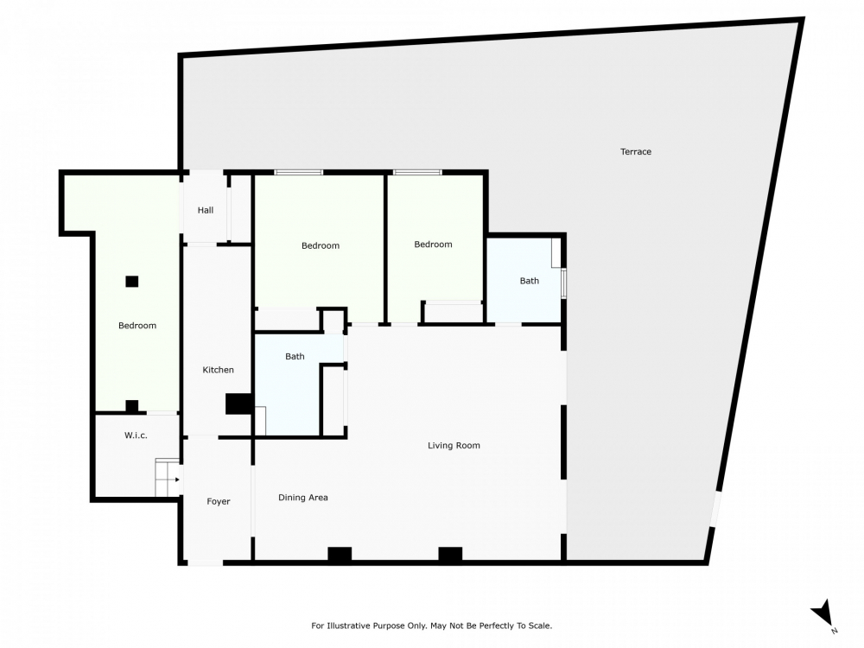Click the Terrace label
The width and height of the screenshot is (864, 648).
click(x=635, y=151)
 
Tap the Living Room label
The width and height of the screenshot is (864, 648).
click(x=454, y=445)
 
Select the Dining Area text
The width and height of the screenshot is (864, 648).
click(x=302, y=498)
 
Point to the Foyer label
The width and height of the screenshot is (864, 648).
click(x=219, y=501)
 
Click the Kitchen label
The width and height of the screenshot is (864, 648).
click(x=219, y=370)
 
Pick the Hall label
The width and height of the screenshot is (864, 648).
click(x=206, y=210)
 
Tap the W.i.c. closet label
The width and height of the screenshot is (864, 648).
click(x=136, y=435)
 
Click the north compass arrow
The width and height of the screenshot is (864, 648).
click(x=823, y=613)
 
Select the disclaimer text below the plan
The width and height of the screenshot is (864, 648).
click(x=431, y=626)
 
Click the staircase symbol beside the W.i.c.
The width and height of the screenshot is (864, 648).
click(x=167, y=477)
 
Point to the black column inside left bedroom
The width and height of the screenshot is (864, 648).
click(x=131, y=282)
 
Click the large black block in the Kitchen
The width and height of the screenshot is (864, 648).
click(x=238, y=403)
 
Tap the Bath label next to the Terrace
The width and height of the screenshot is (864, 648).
click(x=529, y=281)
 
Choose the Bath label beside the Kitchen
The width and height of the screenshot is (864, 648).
click(x=295, y=357)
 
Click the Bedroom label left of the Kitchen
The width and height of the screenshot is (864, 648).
click(x=137, y=326)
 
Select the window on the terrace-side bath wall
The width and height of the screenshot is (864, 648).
click(x=563, y=283)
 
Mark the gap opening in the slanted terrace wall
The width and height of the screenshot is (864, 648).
click(x=715, y=509)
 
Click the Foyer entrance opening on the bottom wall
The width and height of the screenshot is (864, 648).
click(x=205, y=562)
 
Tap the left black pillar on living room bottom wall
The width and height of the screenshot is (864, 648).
click(x=340, y=555)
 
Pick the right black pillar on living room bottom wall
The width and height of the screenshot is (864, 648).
click(x=450, y=555)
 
